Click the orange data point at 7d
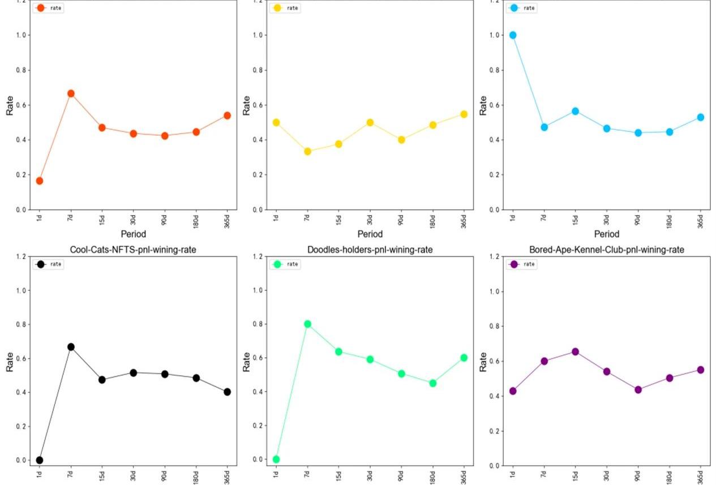(71, 93)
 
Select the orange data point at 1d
(40, 181)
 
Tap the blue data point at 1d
(513, 35)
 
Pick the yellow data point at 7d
(307, 152)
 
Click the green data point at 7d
(307, 324)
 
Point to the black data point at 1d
(40, 460)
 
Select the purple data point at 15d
(575, 351)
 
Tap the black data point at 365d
(227, 392)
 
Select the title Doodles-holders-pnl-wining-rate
(370, 250)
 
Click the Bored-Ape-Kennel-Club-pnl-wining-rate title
(607, 250)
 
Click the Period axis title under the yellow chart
(370, 234)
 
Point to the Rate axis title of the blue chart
(483, 105)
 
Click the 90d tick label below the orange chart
(164, 220)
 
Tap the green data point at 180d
(432, 383)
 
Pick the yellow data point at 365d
(464, 114)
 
